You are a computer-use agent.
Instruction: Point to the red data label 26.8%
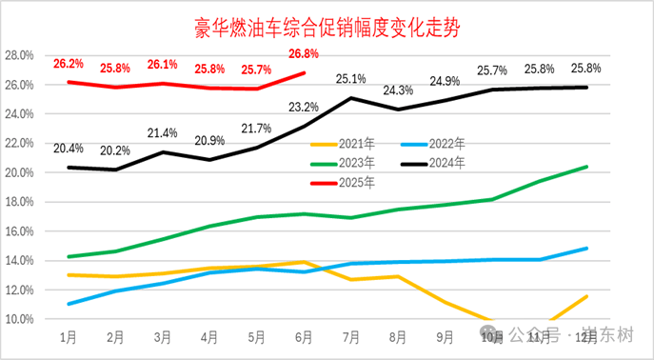(x=305, y=53)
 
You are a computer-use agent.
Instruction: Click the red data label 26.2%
(x=69, y=64)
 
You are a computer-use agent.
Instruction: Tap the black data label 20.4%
(x=68, y=148)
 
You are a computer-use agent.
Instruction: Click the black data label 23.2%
(x=305, y=107)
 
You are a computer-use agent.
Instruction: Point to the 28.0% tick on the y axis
(x=19, y=55)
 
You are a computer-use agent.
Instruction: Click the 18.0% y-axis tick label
(x=19, y=202)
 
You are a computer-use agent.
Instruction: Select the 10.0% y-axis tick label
(x=19, y=319)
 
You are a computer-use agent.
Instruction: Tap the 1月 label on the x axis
(x=68, y=338)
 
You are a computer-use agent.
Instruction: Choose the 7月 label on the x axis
(x=351, y=338)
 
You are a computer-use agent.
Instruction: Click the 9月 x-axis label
(x=446, y=338)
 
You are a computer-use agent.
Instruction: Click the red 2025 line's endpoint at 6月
(x=305, y=72)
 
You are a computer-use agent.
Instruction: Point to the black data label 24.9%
(x=446, y=81)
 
